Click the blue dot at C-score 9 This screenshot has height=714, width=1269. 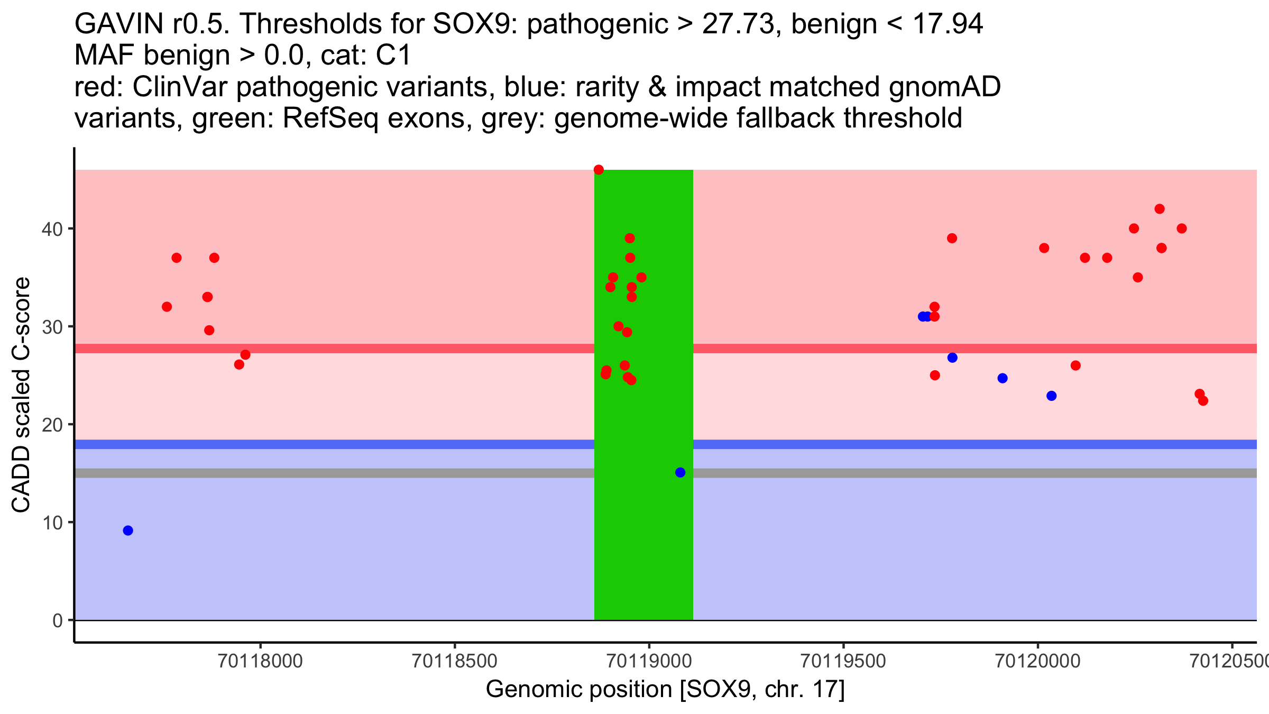[128, 530]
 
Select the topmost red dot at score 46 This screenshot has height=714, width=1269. [599, 170]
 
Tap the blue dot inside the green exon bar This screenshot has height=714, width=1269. [681, 472]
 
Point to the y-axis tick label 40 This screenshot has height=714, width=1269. [52, 229]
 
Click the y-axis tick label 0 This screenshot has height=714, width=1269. [57, 620]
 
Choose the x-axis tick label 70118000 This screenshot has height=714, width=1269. [260, 661]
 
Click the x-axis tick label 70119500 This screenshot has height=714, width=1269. [843, 661]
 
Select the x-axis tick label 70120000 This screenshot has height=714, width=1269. [1037, 661]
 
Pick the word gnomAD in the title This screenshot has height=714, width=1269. [944, 87]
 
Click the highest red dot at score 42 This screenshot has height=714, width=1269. [1160, 209]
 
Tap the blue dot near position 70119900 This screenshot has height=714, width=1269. [1003, 378]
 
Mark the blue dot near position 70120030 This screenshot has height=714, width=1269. [1052, 396]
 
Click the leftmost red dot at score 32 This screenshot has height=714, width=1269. [167, 307]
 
